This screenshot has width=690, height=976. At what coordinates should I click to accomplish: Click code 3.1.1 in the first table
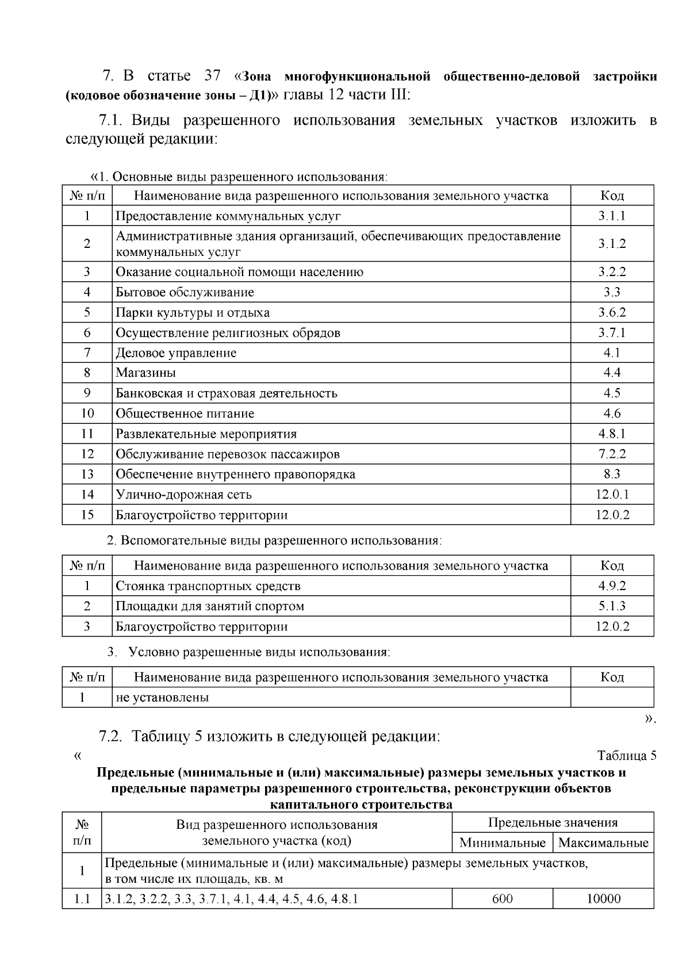tap(612, 216)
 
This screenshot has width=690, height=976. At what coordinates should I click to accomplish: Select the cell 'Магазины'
tap(146, 373)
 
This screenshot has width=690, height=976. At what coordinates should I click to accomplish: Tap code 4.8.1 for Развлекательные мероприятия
tap(612, 434)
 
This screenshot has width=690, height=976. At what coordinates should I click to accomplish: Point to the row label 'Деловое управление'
tap(176, 353)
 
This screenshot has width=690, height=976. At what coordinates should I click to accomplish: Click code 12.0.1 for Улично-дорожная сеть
tap(612, 495)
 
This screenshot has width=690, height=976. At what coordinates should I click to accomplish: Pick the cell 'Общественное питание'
tap(185, 414)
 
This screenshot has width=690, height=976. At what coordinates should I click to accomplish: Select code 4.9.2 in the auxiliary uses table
tap(612, 586)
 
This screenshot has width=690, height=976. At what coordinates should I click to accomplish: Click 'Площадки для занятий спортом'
tap(210, 606)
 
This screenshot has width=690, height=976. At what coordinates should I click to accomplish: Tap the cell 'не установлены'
tap(162, 698)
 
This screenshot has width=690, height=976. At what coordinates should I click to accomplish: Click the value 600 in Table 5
tap(503, 899)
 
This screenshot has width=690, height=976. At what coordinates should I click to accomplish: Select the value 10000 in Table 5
tap(603, 899)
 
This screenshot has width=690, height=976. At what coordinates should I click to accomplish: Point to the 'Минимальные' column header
tap(503, 843)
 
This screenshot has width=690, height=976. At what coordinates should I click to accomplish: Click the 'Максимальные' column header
tap(603, 843)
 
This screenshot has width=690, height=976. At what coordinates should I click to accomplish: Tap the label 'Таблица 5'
tap(627, 756)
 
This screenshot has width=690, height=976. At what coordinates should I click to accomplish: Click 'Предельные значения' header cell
tap(553, 822)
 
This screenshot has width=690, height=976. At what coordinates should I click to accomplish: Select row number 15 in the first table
tap(87, 515)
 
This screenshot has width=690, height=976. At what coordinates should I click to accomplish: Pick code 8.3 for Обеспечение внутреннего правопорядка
tap(612, 474)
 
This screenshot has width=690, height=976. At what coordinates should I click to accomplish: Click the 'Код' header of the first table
tap(612, 196)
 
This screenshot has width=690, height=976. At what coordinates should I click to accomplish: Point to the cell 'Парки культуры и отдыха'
tap(193, 313)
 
